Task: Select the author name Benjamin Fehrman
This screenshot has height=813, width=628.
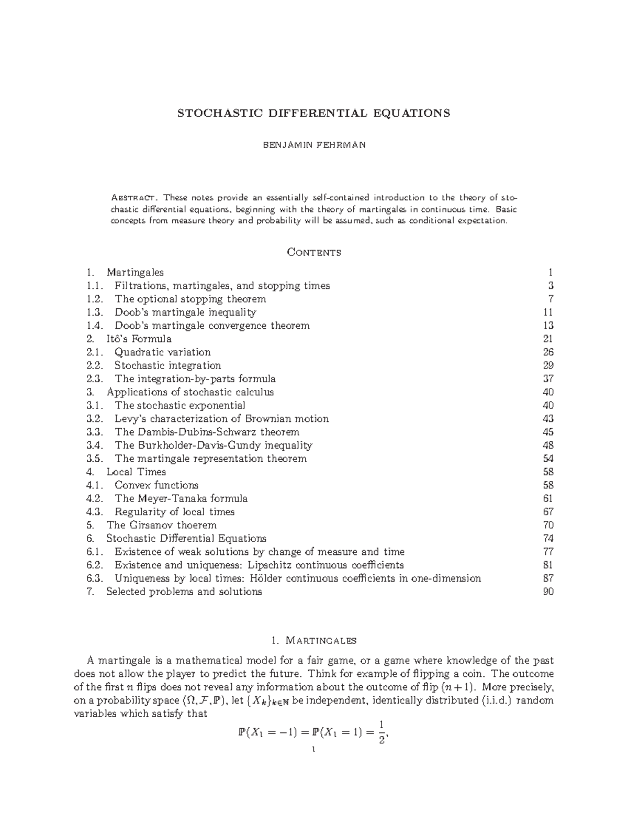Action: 313,145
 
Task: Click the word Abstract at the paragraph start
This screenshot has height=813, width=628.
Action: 133,197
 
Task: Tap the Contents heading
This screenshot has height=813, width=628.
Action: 314,252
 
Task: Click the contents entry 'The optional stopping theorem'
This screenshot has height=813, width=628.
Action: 190,299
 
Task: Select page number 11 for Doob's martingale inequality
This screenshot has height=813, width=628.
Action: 548,313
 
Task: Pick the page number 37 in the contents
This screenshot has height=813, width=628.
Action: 548,378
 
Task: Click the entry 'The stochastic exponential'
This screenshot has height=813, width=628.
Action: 180,405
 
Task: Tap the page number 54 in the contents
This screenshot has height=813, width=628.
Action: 548,459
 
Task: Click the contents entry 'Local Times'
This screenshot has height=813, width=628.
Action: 136,472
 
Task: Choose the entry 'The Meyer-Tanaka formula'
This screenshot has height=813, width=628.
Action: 181,498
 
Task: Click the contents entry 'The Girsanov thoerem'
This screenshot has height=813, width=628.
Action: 161,525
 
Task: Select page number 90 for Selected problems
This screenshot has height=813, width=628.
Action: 548,592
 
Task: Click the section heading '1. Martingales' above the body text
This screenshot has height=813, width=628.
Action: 314,640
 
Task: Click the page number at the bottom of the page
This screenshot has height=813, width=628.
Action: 313,750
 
